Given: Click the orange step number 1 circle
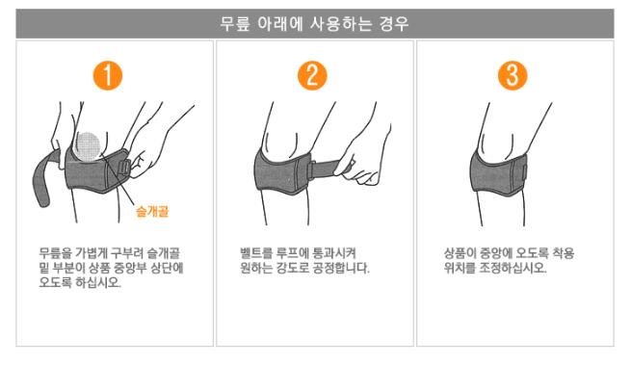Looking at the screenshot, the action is point(108,75).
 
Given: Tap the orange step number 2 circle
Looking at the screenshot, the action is point(312,75).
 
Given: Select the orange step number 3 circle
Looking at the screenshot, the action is point(513,75).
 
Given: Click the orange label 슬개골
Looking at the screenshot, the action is point(152,211).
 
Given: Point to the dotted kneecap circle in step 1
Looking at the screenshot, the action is point(88,146).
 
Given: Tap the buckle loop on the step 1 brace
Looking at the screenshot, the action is point(123,168).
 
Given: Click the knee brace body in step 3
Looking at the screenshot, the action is point(498,174).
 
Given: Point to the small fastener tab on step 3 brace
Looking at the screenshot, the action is point(524,173).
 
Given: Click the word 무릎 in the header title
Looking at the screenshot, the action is point(235,24).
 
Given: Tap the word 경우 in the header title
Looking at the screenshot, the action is point(394,24).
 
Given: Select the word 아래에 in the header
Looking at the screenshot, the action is point(279,24).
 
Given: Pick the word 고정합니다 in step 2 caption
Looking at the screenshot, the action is point(341,268).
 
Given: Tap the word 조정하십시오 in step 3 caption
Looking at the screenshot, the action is point(513,268).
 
